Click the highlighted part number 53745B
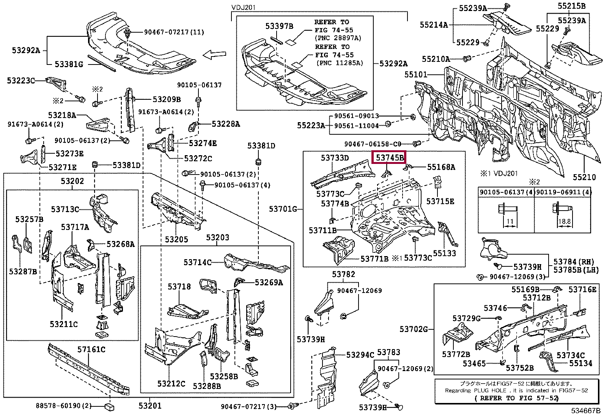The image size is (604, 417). (x=390, y=157)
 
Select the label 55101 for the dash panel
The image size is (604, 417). (x=415, y=74)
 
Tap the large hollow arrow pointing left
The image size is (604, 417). (x=214, y=55)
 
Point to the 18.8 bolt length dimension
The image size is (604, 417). (x=564, y=221)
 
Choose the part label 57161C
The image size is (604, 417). (x=91, y=349)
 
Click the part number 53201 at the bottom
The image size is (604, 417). (x=150, y=406)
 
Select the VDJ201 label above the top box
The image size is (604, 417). (x=244, y=8)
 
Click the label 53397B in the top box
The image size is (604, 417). (x=279, y=26)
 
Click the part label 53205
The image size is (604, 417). (x=176, y=239)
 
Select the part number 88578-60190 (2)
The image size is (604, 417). (x=64, y=406)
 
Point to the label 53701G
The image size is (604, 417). (x=283, y=209)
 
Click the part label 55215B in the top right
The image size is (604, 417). (x=571, y=6)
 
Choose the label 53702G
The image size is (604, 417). (x=414, y=329)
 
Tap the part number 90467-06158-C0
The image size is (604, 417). (x=373, y=144)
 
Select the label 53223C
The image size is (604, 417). (x=20, y=80)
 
